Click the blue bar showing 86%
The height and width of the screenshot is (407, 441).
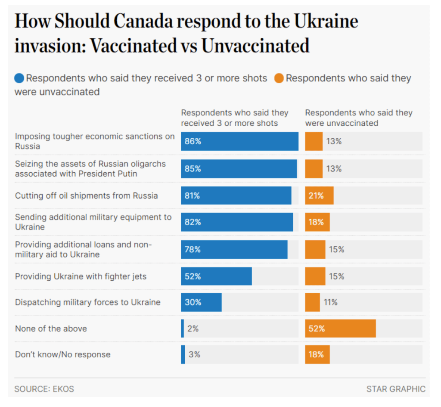(239, 141)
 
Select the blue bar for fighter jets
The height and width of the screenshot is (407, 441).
(216, 276)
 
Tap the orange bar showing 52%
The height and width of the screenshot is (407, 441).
(340, 329)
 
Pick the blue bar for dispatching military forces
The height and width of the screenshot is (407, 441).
(201, 302)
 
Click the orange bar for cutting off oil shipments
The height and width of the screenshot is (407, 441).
(319, 196)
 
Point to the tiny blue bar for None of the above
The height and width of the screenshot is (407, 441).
(183, 329)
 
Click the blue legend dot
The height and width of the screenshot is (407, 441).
(19, 78)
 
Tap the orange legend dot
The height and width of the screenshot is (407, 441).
(279, 78)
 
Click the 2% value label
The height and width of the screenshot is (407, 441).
(193, 329)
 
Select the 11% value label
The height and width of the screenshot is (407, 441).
(331, 302)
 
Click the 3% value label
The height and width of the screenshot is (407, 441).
(194, 355)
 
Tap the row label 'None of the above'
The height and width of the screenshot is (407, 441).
(51, 329)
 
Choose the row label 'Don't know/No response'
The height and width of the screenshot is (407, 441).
(63, 355)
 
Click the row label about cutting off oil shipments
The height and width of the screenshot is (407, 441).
(86, 196)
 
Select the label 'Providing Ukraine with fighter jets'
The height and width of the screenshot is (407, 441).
(81, 276)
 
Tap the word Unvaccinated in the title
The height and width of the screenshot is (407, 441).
(255, 45)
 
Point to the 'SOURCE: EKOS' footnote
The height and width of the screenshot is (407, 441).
(44, 389)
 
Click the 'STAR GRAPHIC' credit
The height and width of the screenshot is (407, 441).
(396, 389)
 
